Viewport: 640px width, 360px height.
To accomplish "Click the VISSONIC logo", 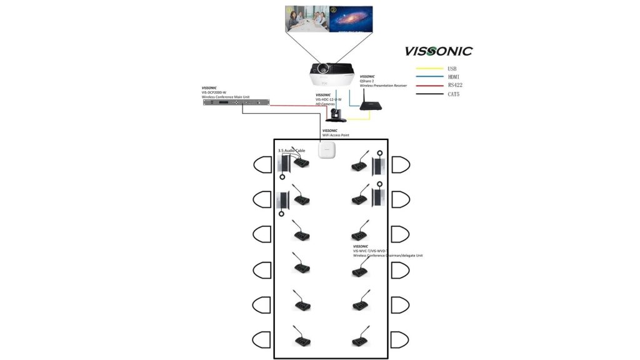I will pos(438,51).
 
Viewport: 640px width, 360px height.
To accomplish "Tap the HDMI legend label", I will pos(454,76).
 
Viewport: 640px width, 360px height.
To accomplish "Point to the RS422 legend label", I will pos(455,85).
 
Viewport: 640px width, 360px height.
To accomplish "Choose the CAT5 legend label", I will pos(454,94).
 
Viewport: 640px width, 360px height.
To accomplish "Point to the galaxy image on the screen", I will pos(351,19).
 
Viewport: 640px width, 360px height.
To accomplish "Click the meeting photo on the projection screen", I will pos(307,19).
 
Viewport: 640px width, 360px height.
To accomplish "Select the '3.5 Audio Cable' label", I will pos(292,151).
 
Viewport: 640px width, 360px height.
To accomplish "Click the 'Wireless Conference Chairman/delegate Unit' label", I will pos(387,255).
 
